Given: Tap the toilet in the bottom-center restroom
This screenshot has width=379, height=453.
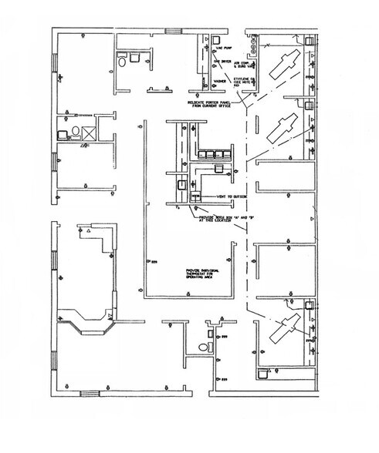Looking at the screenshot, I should click(203, 347).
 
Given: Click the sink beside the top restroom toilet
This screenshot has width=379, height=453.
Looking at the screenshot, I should click(136, 56).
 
